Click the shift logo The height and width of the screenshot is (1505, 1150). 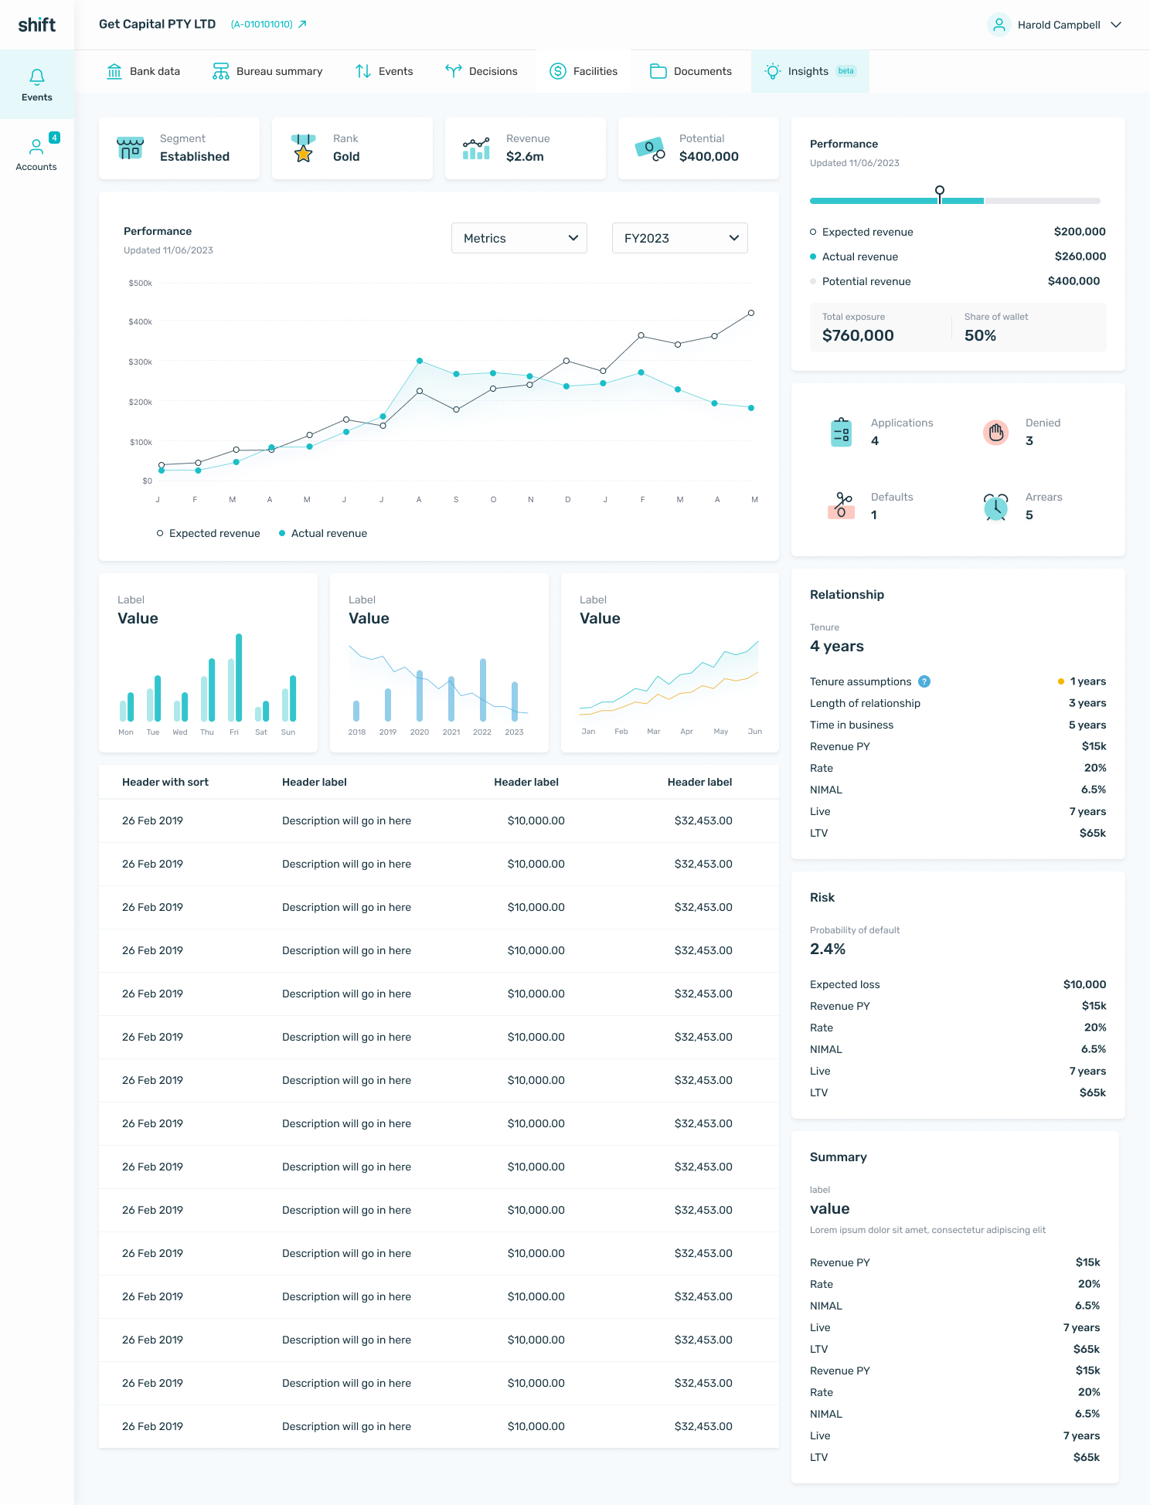click(x=36, y=25)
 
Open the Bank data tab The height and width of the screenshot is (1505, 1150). click(x=143, y=71)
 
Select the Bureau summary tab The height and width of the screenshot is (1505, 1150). click(x=267, y=71)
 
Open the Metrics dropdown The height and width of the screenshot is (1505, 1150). click(x=519, y=238)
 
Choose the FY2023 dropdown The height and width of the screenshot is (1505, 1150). click(x=680, y=238)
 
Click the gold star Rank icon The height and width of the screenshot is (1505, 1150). click(x=304, y=149)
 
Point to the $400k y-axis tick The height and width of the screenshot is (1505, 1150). click(x=141, y=321)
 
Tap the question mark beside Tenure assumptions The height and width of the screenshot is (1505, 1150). click(x=924, y=681)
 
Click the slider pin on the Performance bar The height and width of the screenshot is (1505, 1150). click(x=940, y=191)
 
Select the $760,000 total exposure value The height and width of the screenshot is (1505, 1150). click(x=858, y=335)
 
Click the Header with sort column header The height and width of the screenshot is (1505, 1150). click(x=165, y=782)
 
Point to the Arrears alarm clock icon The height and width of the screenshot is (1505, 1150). click(x=995, y=507)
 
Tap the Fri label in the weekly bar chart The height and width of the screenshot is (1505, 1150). click(x=234, y=732)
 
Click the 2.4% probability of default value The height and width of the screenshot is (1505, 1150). click(x=828, y=949)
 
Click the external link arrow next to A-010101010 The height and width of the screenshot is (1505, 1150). click(x=302, y=24)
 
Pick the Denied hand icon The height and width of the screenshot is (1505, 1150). click(x=996, y=433)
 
